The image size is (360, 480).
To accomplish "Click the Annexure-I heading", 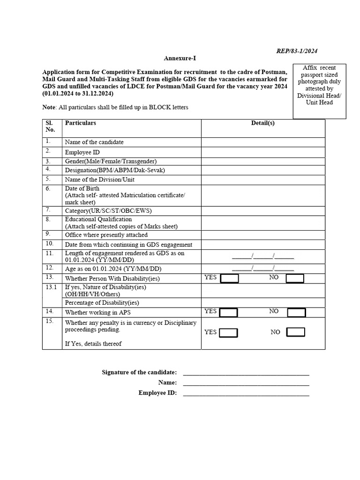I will coord(180,59).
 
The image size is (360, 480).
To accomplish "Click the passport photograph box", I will coord(319,91).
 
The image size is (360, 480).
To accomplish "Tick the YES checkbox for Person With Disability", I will coord(230,278).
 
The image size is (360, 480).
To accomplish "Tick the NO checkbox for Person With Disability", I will coord(295,278).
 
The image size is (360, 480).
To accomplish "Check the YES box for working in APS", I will coord(229,312).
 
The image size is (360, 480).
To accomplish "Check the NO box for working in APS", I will coord(296,312).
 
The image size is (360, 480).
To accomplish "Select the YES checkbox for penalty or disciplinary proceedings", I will coord(229,333).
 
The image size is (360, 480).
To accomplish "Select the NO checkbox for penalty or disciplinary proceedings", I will coord(296,332).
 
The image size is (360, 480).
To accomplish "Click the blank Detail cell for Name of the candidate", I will coord(263,142).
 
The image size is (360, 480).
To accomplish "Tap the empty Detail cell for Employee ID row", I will coord(263,152).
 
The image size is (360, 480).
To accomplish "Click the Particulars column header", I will coord(81,123).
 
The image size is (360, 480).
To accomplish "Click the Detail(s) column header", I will coord(262,123).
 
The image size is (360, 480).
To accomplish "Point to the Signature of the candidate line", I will coord(246,373).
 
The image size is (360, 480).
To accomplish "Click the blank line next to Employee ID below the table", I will coord(246,394).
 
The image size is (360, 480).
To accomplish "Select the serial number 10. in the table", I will coord(50,244).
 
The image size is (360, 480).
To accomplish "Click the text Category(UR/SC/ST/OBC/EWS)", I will coord(108,211).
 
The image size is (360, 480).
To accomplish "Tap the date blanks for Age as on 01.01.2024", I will coord(263,269).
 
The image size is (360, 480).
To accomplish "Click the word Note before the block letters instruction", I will coord(49,107).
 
